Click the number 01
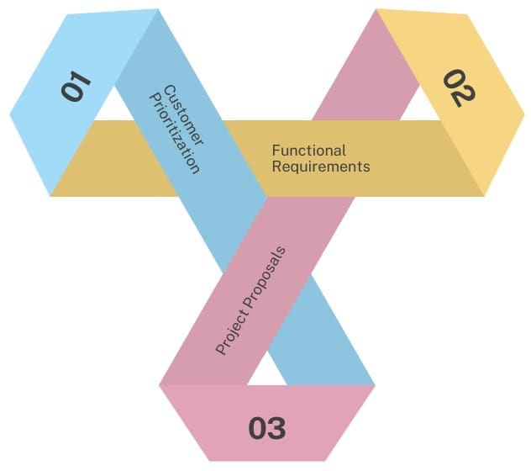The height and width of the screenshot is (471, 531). pyautogui.click(x=76, y=87)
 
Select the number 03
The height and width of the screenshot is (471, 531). pyautogui.click(x=267, y=428)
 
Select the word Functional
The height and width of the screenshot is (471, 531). pyautogui.click(x=308, y=151)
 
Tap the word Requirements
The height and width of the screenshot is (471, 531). pyautogui.click(x=320, y=167)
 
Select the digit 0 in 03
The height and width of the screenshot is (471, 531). pyautogui.click(x=258, y=428)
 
